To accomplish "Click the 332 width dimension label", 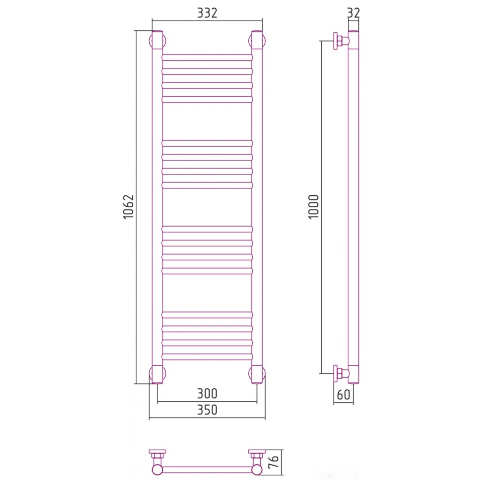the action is [207, 13].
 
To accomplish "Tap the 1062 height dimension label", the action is [128, 207].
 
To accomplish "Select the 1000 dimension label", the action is [313, 207].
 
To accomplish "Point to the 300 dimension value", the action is [207, 393].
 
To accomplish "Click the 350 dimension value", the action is [207, 410].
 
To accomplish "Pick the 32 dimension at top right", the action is [354, 13].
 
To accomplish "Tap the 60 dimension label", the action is [343, 395].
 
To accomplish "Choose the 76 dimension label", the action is [273, 462].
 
